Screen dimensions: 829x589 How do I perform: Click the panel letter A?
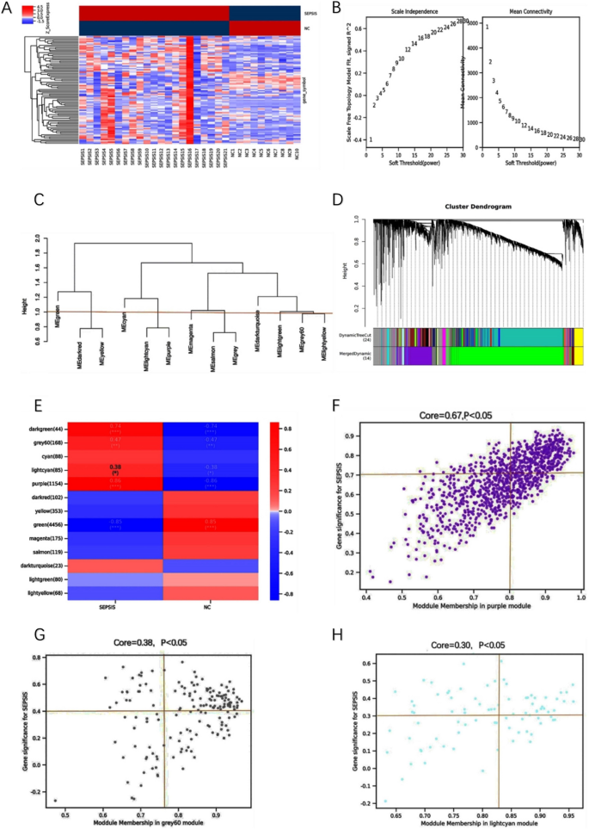click(9, 8)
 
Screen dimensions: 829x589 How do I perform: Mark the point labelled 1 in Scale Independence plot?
click(371, 139)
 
